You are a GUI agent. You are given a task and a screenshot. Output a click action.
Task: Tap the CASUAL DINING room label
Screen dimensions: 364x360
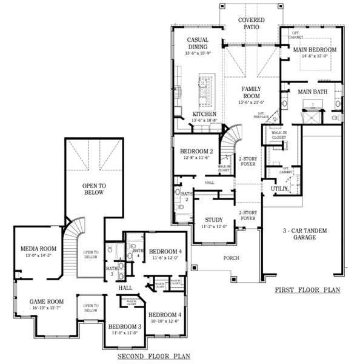(x=197, y=43)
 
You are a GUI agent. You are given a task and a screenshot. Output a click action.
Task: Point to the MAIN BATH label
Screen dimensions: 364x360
(x=312, y=92)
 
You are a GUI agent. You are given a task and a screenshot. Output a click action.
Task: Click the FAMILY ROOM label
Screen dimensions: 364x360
(x=251, y=92)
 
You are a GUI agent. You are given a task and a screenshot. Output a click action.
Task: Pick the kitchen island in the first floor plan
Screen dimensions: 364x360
(x=206, y=91)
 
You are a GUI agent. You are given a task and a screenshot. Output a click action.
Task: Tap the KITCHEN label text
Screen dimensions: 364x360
(x=205, y=114)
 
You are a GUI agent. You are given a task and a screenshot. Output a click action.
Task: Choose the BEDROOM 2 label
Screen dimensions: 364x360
(x=195, y=151)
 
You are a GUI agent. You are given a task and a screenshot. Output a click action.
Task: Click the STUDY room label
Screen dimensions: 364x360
(x=213, y=220)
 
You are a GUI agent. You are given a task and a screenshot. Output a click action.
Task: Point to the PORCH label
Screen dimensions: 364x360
(x=231, y=258)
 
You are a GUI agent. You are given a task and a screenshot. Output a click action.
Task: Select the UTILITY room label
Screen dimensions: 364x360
(x=279, y=189)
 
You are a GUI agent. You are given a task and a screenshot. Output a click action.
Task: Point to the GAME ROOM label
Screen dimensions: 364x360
(x=47, y=301)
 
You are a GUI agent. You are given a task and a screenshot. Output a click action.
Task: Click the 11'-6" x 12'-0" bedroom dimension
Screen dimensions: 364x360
(x=165, y=258)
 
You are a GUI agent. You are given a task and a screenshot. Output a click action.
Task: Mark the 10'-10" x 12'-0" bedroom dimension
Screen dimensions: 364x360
(x=164, y=320)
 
